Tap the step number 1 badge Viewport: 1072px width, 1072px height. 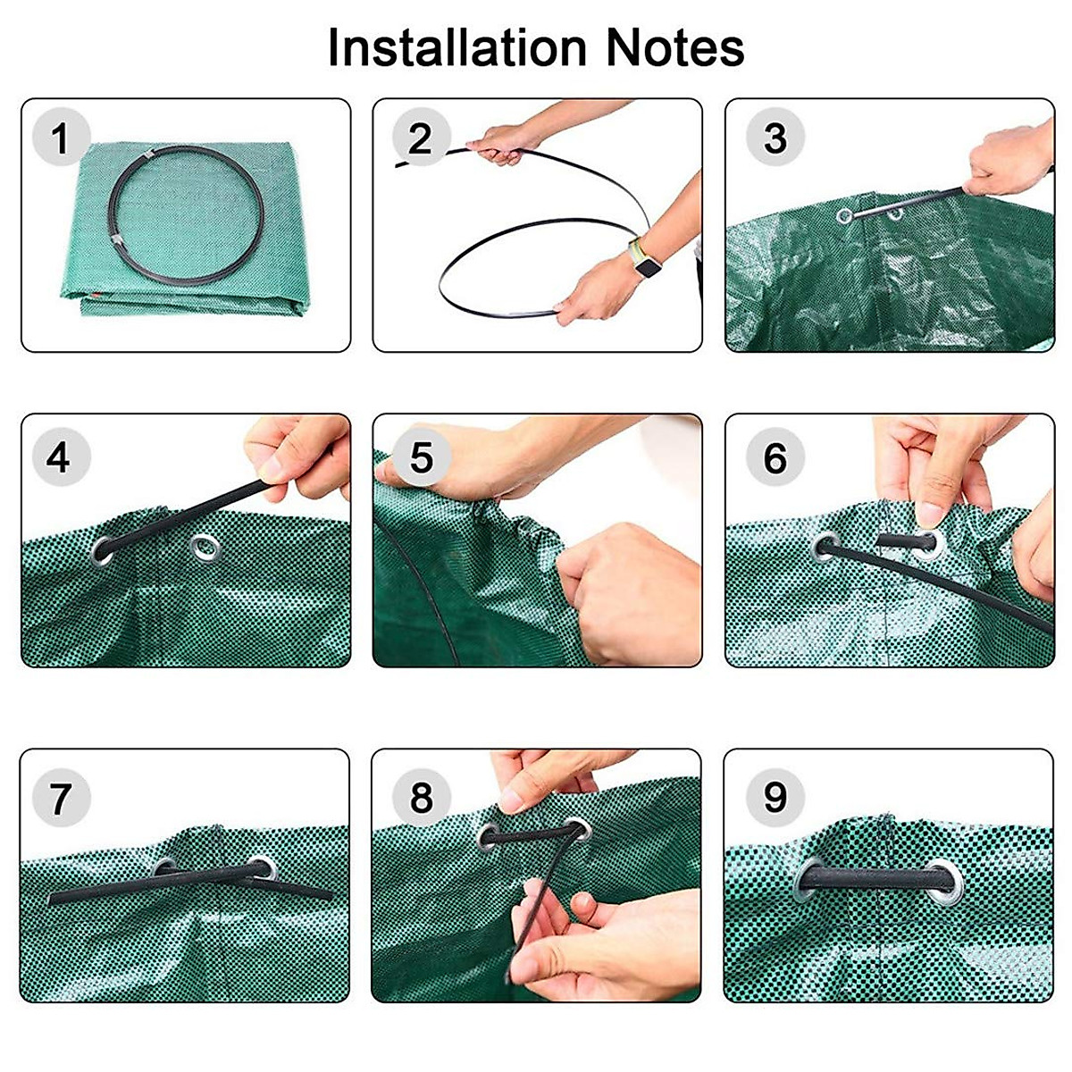click(x=60, y=139)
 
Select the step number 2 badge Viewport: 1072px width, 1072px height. click(x=420, y=139)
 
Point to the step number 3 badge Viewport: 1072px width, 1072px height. click(x=775, y=138)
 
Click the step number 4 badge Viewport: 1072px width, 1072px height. click(x=58, y=457)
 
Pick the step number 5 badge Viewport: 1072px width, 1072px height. click(x=420, y=457)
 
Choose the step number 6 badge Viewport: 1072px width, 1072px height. click(x=775, y=457)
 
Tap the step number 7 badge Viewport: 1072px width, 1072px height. click(x=60, y=797)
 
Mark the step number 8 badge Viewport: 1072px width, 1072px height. click(x=420, y=797)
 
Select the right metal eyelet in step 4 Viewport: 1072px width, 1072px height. click(x=205, y=544)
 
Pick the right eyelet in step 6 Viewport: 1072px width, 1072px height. click(x=927, y=542)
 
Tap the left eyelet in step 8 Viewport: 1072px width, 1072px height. click(x=490, y=835)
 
